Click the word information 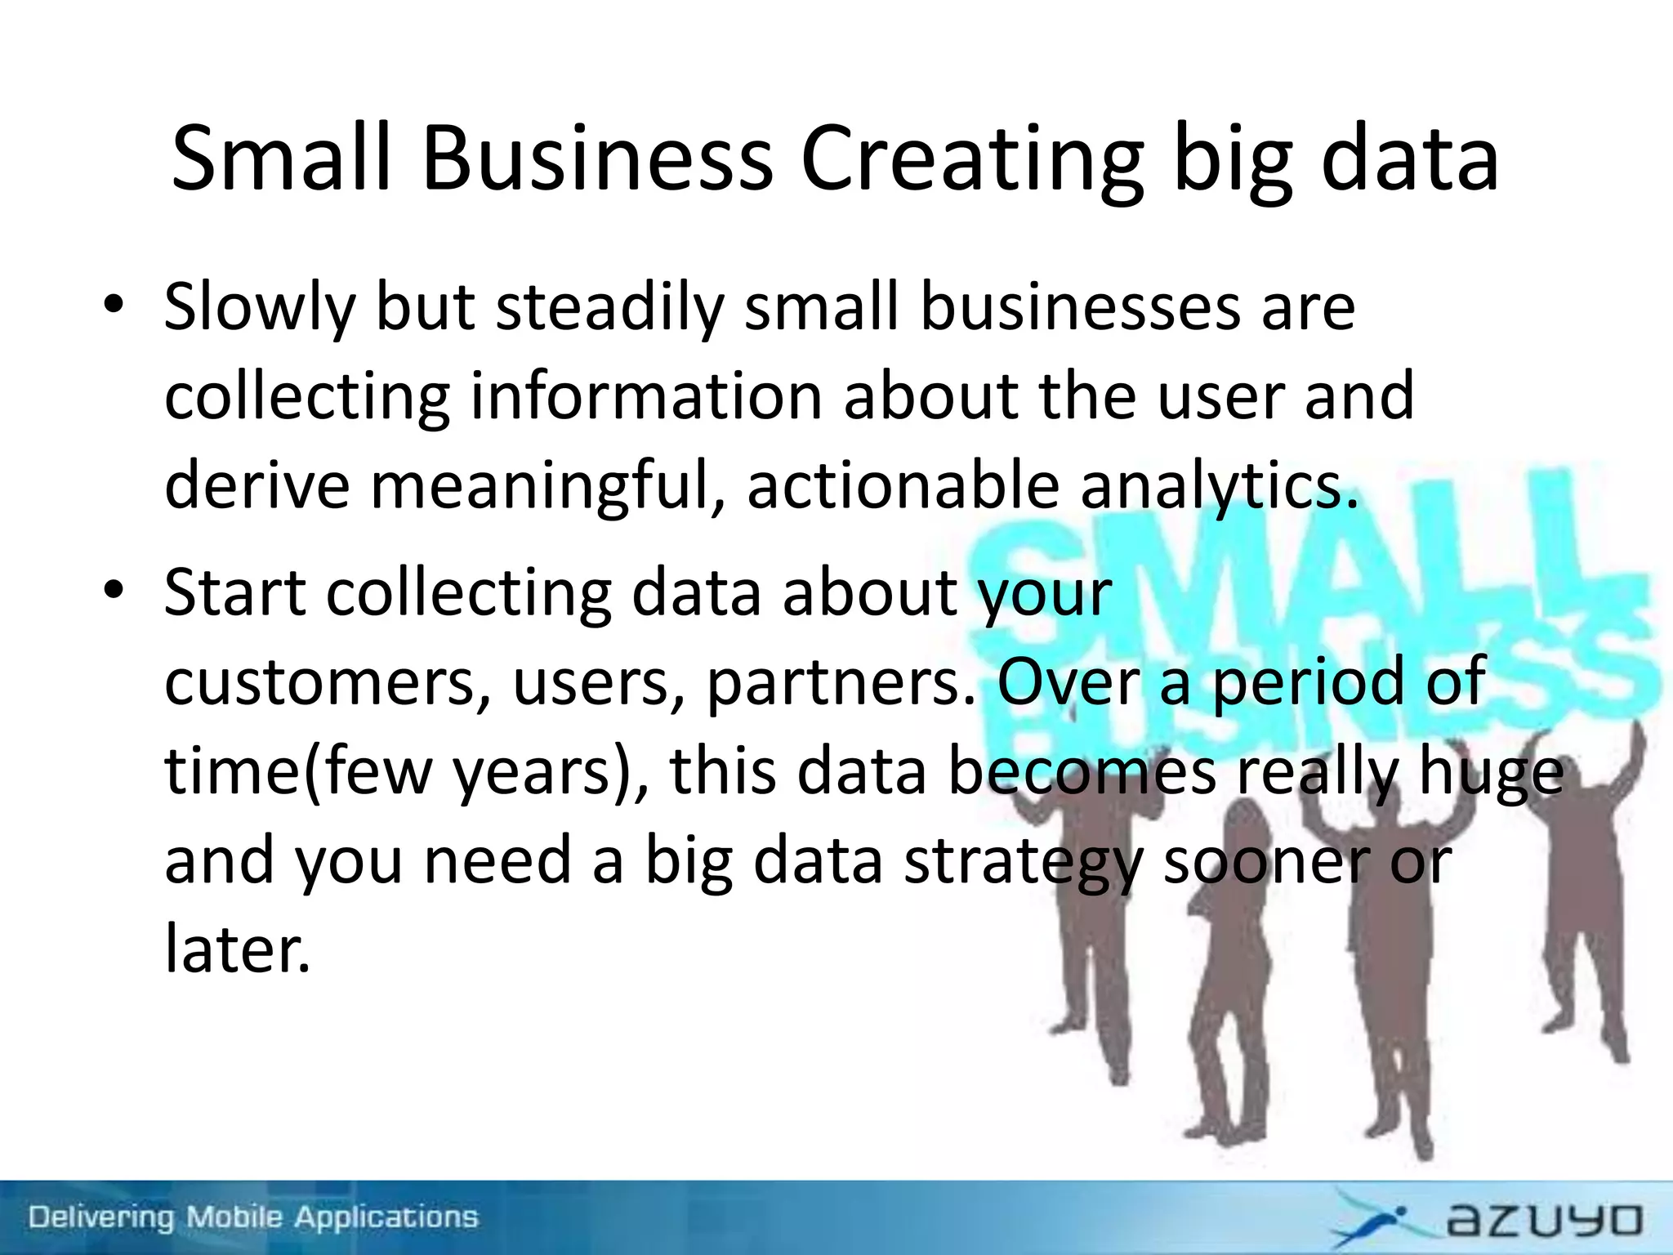pos(646,396)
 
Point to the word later pos(238,949)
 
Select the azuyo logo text pos(1544,1220)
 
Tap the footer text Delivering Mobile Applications pos(253,1217)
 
